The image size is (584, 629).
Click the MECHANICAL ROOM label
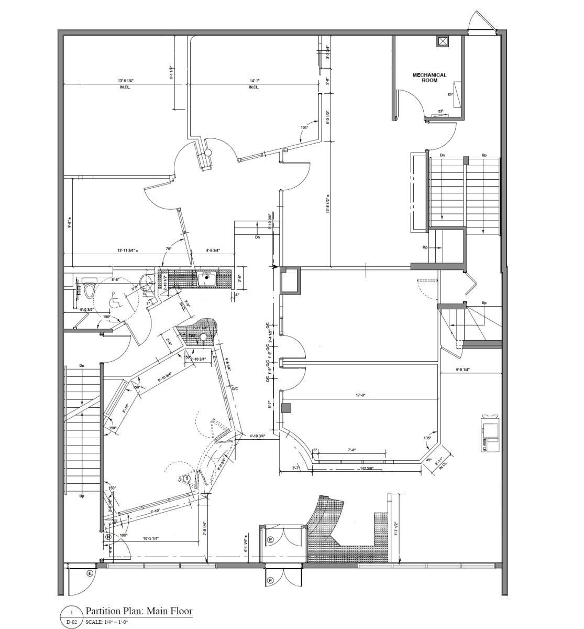click(x=429, y=78)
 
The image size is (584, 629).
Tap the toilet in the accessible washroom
click(x=87, y=289)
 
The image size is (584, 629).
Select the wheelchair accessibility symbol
click(x=114, y=301)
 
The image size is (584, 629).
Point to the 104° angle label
click(x=304, y=127)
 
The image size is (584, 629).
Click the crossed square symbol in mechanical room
click(x=443, y=41)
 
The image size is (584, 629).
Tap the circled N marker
click(x=108, y=537)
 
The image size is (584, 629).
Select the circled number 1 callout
click(x=187, y=478)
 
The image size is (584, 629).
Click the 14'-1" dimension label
click(x=255, y=81)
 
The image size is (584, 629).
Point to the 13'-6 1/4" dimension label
click(x=125, y=81)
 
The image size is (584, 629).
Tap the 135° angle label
click(x=427, y=438)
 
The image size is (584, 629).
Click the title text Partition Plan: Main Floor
click(x=139, y=611)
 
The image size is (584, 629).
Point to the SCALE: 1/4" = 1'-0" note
click(x=107, y=622)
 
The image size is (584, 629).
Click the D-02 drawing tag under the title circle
click(x=71, y=622)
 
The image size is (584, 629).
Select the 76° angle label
click(x=168, y=248)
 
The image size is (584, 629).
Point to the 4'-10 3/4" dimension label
click(x=257, y=436)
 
